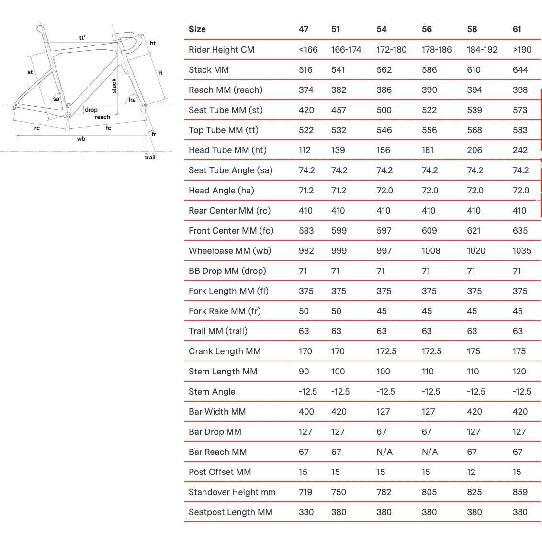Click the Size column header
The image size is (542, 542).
(x=197, y=29)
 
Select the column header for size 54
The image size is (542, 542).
(x=382, y=29)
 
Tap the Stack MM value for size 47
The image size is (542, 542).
(x=305, y=70)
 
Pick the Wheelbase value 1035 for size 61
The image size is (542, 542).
(x=521, y=251)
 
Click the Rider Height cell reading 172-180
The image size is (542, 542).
(x=391, y=50)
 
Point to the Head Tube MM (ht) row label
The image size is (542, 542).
(x=227, y=150)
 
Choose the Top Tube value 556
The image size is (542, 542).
(x=429, y=130)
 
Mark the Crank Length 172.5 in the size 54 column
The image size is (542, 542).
(x=386, y=351)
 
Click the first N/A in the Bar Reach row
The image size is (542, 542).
(x=384, y=452)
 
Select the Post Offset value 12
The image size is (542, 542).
(x=471, y=472)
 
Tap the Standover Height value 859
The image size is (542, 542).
(x=520, y=492)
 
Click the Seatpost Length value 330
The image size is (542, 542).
(x=306, y=512)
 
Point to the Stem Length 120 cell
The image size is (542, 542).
(x=519, y=372)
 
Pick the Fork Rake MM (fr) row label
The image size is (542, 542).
(x=225, y=311)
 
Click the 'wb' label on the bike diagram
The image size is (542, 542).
(x=81, y=139)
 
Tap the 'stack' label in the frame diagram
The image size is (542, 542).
(x=114, y=86)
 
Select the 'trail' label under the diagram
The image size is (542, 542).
(x=150, y=157)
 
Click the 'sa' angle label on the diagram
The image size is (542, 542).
(x=56, y=99)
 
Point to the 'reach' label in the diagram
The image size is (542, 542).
(x=102, y=117)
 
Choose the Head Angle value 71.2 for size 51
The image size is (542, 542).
(x=339, y=191)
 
